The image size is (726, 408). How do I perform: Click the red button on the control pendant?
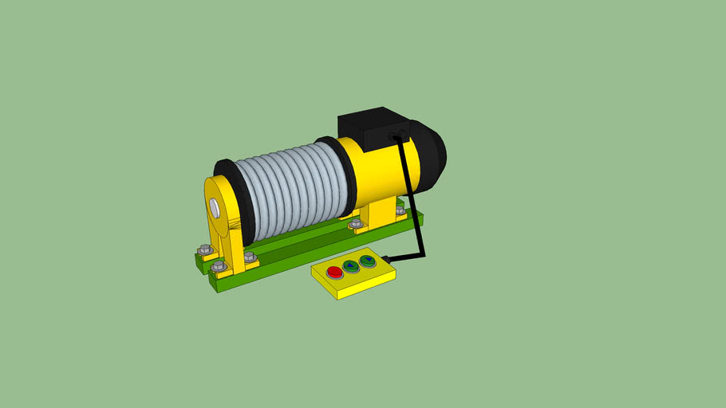click(334, 273)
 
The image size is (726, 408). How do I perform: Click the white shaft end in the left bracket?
click(215, 207)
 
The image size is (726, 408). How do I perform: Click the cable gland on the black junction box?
click(394, 136)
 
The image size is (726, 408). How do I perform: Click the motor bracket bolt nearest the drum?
click(354, 225)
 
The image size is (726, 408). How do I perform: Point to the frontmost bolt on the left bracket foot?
click(218, 265)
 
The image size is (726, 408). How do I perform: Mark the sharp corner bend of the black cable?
click(423, 255)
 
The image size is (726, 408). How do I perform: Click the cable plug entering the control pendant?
click(388, 257)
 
